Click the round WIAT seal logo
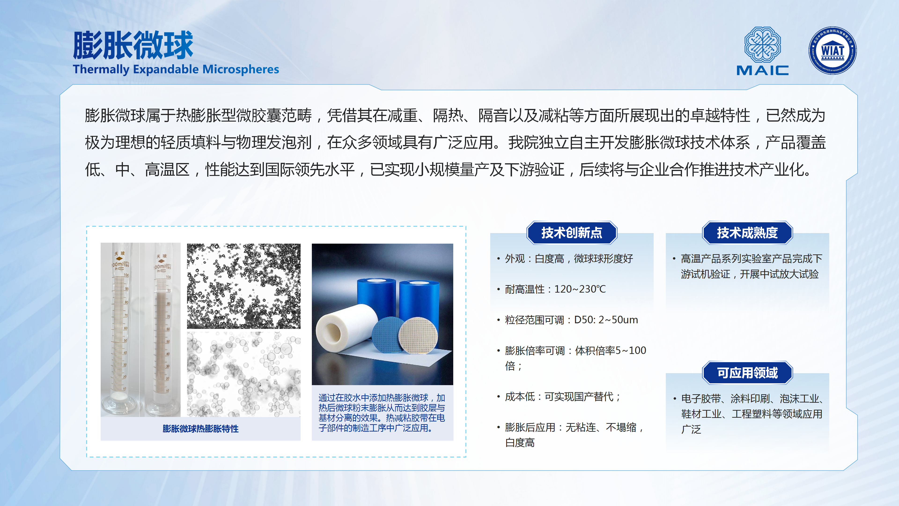pos(833,51)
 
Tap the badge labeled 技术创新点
pos(572,233)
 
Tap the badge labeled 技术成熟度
pos(747,233)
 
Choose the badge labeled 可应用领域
pos(747,373)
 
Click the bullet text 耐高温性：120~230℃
pos(555,289)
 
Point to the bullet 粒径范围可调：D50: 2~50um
pos(571,320)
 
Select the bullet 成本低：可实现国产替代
pos(563,397)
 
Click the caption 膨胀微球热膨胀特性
pos(201,429)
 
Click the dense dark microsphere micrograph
pos(243,286)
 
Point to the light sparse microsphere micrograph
pos(243,374)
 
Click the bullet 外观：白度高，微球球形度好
pos(569,259)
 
